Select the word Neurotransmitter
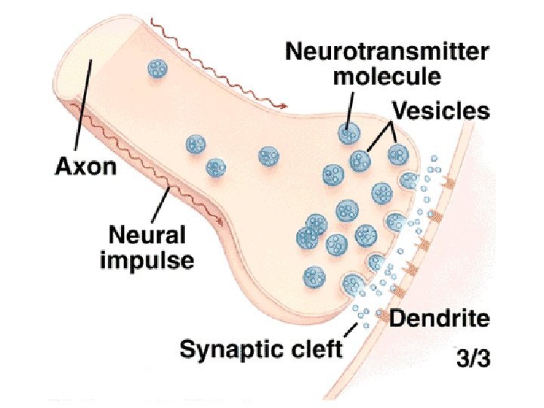pos(387,52)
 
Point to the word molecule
pos(387,76)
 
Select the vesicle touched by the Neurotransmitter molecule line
pos(348,134)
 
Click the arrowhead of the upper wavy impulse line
pos(285,107)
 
